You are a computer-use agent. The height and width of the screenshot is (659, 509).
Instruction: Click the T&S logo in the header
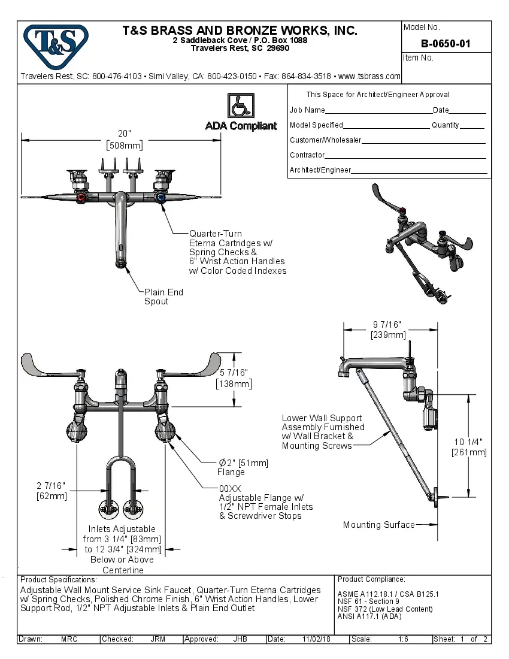click(56, 43)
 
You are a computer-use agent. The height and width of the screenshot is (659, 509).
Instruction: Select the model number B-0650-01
click(446, 43)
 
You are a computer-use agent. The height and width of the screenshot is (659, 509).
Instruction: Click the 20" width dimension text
click(124, 133)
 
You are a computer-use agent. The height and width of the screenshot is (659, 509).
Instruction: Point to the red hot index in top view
click(81, 198)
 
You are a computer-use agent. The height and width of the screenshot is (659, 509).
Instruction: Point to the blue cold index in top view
click(160, 198)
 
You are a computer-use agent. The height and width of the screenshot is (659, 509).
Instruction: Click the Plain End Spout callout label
click(163, 297)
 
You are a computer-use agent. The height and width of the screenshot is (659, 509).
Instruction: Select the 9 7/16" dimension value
click(387, 325)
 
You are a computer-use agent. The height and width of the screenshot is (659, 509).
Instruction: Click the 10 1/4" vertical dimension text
click(469, 442)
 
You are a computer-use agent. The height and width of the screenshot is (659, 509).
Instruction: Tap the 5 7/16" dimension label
click(234, 373)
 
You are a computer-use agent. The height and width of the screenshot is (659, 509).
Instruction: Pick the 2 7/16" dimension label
click(51, 486)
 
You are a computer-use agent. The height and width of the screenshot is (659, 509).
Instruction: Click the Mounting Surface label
click(378, 525)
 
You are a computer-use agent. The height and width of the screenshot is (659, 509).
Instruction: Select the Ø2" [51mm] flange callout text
click(243, 462)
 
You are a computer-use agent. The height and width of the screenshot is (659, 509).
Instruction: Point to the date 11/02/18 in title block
click(316, 639)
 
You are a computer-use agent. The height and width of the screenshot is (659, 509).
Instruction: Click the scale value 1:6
click(403, 639)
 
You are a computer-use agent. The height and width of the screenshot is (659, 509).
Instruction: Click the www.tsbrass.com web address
click(369, 76)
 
